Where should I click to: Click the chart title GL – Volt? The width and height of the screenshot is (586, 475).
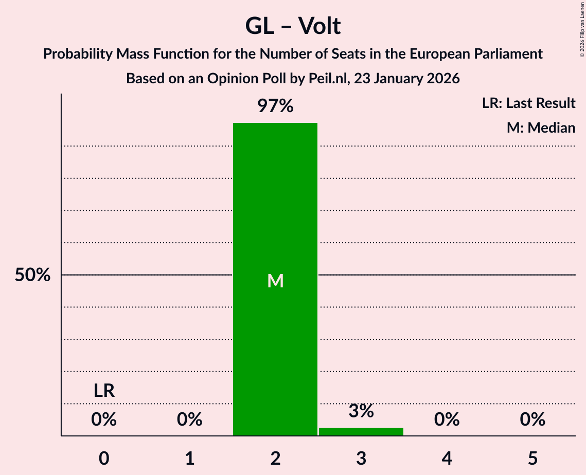293,26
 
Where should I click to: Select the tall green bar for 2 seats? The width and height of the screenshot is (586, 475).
275,278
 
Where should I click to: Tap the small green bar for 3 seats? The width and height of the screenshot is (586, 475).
361,431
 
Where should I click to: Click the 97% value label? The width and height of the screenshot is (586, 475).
275,106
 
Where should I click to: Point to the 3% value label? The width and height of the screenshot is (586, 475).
361,411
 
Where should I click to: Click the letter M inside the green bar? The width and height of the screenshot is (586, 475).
275,281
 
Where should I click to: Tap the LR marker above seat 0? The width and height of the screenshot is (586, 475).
104,391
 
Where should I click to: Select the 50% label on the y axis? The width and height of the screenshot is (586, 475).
32,275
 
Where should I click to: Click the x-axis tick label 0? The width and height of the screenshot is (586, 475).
104,458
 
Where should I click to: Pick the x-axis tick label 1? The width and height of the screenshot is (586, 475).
190,458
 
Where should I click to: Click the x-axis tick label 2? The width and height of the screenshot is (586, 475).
275,458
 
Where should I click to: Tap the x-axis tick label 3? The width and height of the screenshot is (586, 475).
361,458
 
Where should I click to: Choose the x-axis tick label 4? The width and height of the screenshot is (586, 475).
447,458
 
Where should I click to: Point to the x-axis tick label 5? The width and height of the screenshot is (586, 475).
532,458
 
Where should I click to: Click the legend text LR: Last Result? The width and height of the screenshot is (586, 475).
528,103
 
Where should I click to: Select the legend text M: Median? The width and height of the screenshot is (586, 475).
541,128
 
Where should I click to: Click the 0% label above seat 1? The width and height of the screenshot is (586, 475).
190,420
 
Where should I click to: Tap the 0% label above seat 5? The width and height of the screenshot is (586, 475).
532,420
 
